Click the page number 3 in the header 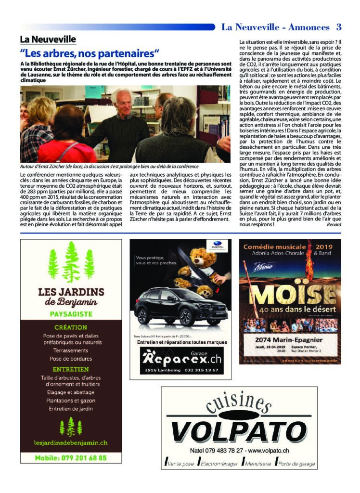tap(339, 27)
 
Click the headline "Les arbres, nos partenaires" tap(90, 53)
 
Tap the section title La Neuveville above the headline tap(48, 39)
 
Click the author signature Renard tap(334, 224)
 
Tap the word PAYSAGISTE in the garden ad tap(71, 314)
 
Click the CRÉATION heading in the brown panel tap(71, 327)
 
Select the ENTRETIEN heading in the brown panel tap(71, 369)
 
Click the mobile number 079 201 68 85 tap(71, 458)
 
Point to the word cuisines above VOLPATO tap(239, 403)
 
